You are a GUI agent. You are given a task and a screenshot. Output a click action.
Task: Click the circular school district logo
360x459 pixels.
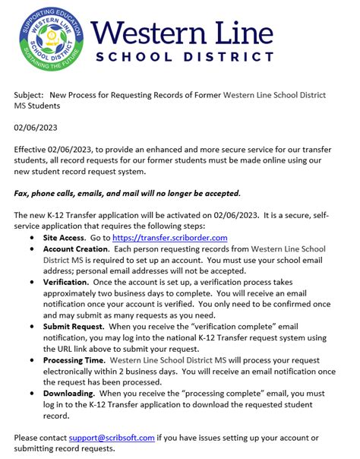coord(50,38)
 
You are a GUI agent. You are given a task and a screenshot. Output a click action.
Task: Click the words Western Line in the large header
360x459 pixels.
coord(182,32)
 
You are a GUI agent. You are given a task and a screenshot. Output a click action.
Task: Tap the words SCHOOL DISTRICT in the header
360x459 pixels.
coord(185,57)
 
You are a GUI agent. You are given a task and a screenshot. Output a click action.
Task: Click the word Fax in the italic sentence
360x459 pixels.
coord(22,193)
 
